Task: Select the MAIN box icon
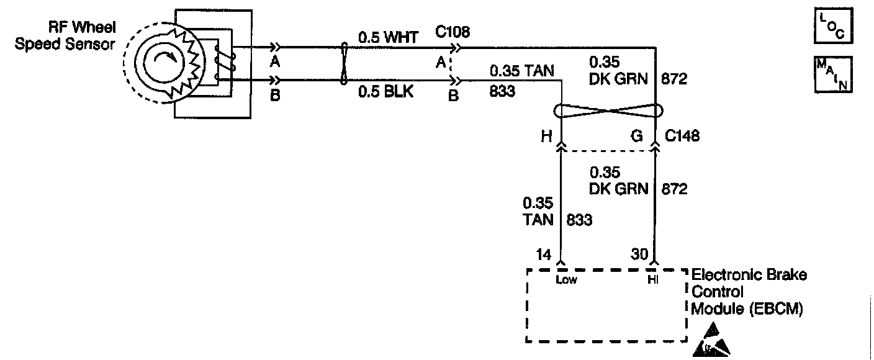[832, 74]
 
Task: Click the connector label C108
[452, 32]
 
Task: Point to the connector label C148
[683, 136]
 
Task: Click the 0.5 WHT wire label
[389, 37]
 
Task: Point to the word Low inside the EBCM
[567, 280]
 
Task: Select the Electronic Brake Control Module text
[748, 292]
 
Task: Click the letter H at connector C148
[546, 137]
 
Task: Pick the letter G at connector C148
[636, 137]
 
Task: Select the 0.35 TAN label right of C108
[522, 70]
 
